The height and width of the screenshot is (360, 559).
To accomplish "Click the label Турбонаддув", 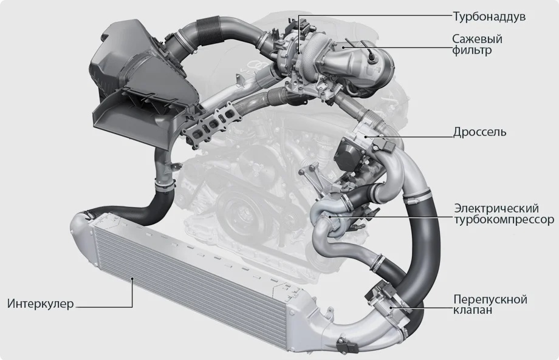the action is point(489,16).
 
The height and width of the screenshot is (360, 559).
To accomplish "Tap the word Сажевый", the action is point(478,38).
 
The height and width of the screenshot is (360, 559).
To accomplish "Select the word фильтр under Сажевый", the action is point(472,50).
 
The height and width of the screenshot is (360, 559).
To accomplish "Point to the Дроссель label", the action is point(479,132).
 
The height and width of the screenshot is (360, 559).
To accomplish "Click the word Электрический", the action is point(496,208).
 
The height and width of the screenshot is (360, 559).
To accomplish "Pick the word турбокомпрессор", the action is point(504,220).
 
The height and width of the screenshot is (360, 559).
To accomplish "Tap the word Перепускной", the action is point(490,299).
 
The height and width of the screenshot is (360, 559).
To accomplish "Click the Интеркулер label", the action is point(41,304).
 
